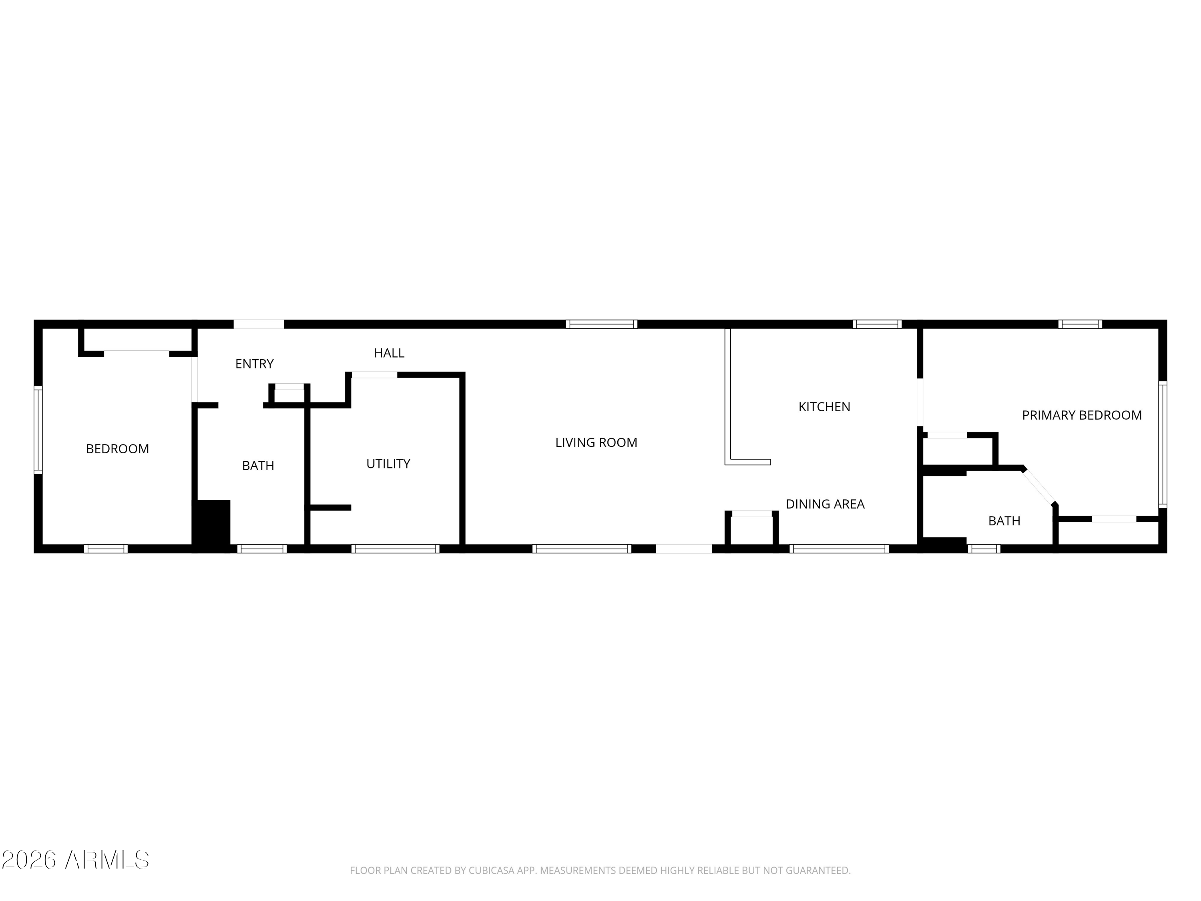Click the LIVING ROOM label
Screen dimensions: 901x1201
596,442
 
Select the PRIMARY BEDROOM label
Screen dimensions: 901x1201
1082,416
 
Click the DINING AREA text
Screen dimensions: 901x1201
825,504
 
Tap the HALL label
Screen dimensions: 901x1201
389,353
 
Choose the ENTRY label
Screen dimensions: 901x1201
254,364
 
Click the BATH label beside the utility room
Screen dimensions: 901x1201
258,465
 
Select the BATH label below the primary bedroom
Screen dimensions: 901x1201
1004,521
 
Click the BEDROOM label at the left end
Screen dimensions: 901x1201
117,448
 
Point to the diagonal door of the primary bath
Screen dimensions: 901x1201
1039,486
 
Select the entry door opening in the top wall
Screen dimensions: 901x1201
259,324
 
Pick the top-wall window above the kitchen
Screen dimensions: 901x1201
876,324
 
